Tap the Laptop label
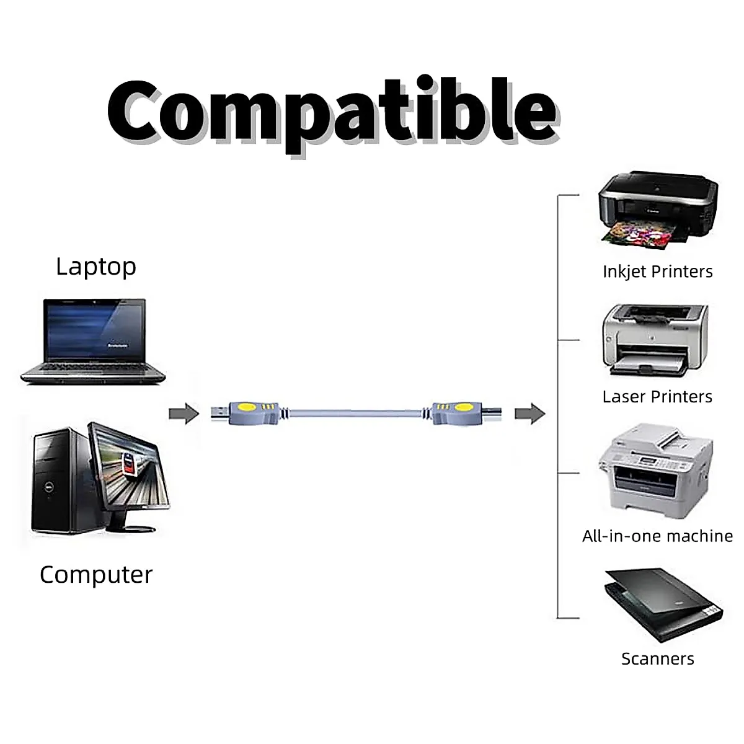pos(96,266)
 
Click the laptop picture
pos(93,341)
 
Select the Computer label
pos(96,575)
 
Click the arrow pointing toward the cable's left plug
pos(184,414)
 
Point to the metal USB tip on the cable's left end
pos(218,413)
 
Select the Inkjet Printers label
pos(658,272)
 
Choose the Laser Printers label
pos(658,397)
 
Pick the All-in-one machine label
pos(658,536)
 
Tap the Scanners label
pos(658,659)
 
